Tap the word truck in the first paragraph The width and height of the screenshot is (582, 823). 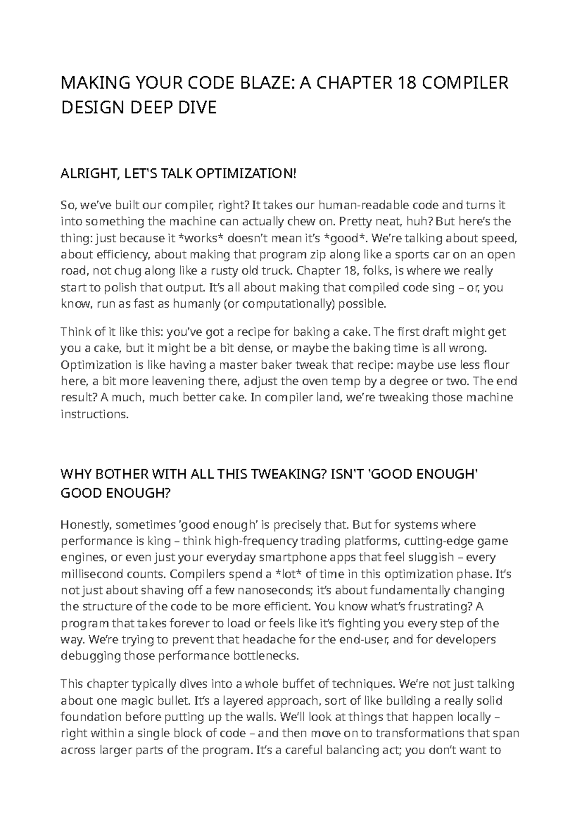(276, 271)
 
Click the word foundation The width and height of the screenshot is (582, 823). (91, 718)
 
